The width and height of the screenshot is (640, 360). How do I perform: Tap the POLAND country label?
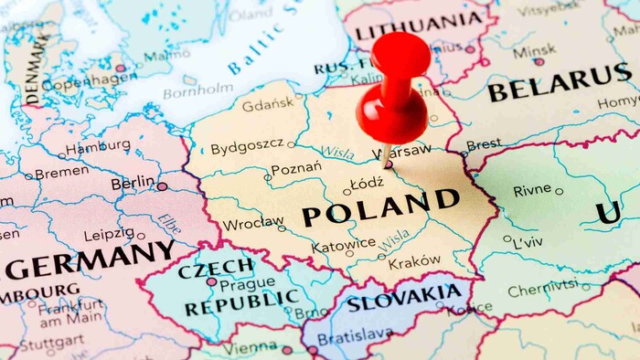380,207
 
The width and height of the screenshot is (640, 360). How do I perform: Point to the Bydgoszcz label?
246,148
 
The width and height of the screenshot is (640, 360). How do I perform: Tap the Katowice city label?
343,245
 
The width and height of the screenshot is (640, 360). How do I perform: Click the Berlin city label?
133,184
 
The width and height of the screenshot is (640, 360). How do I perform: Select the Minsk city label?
534,50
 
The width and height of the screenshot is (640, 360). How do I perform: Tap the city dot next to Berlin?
162,186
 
